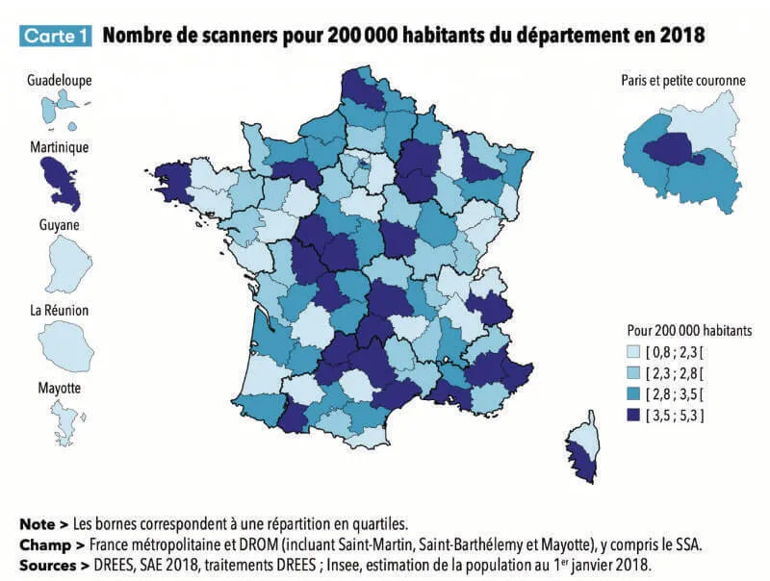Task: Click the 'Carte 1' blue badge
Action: tap(56, 36)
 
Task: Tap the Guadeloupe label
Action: tap(60, 81)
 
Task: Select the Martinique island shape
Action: tap(61, 183)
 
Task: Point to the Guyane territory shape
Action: tap(67, 263)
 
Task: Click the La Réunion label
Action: tap(60, 310)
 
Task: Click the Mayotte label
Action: tap(60, 389)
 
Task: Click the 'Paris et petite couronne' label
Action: tap(683, 81)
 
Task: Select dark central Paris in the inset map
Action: tap(673, 149)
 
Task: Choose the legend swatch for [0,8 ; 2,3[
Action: tap(633, 352)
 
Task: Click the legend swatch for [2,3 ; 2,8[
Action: tap(633, 373)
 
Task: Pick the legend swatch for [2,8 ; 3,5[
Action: tap(633, 394)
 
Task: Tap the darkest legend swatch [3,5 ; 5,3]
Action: tap(633, 416)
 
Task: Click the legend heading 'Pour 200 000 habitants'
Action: tap(689, 331)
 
